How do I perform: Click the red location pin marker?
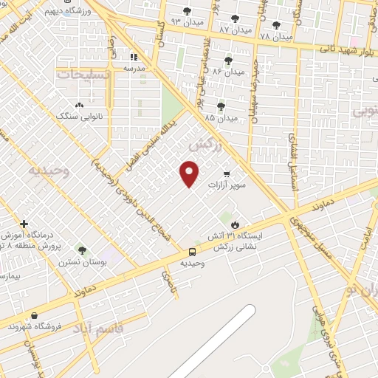click(190, 173)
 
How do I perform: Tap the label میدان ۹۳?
click(186, 22)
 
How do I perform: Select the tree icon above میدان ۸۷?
click(235, 18)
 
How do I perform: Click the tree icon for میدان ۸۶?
click(227, 61)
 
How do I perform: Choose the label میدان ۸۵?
click(221, 117)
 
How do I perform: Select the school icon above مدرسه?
click(134, 56)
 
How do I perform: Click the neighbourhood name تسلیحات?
click(83, 75)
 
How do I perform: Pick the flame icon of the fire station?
click(235, 224)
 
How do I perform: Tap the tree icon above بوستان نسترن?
click(82, 250)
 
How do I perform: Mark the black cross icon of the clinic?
click(24, 224)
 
